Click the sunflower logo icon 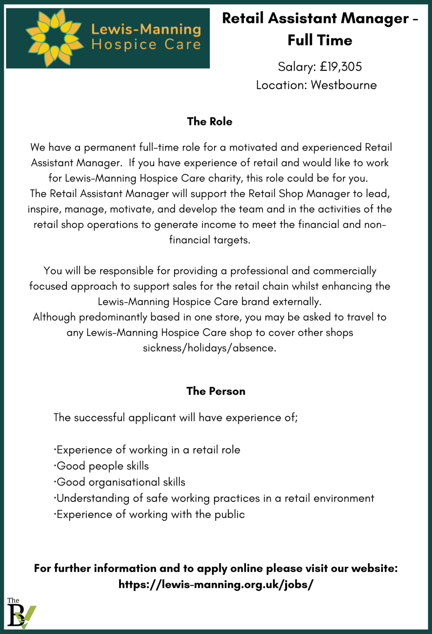click(x=54, y=38)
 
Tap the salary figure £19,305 click(x=341, y=67)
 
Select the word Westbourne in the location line click(x=344, y=85)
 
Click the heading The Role click(x=210, y=121)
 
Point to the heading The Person click(x=216, y=391)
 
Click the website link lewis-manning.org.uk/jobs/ click(x=216, y=584)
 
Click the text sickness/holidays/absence click(x=210, y=348)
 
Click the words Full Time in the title click(x=320, y=40)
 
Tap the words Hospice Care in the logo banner click(x=146, y=45)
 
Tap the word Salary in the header click(x=297, y=67)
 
